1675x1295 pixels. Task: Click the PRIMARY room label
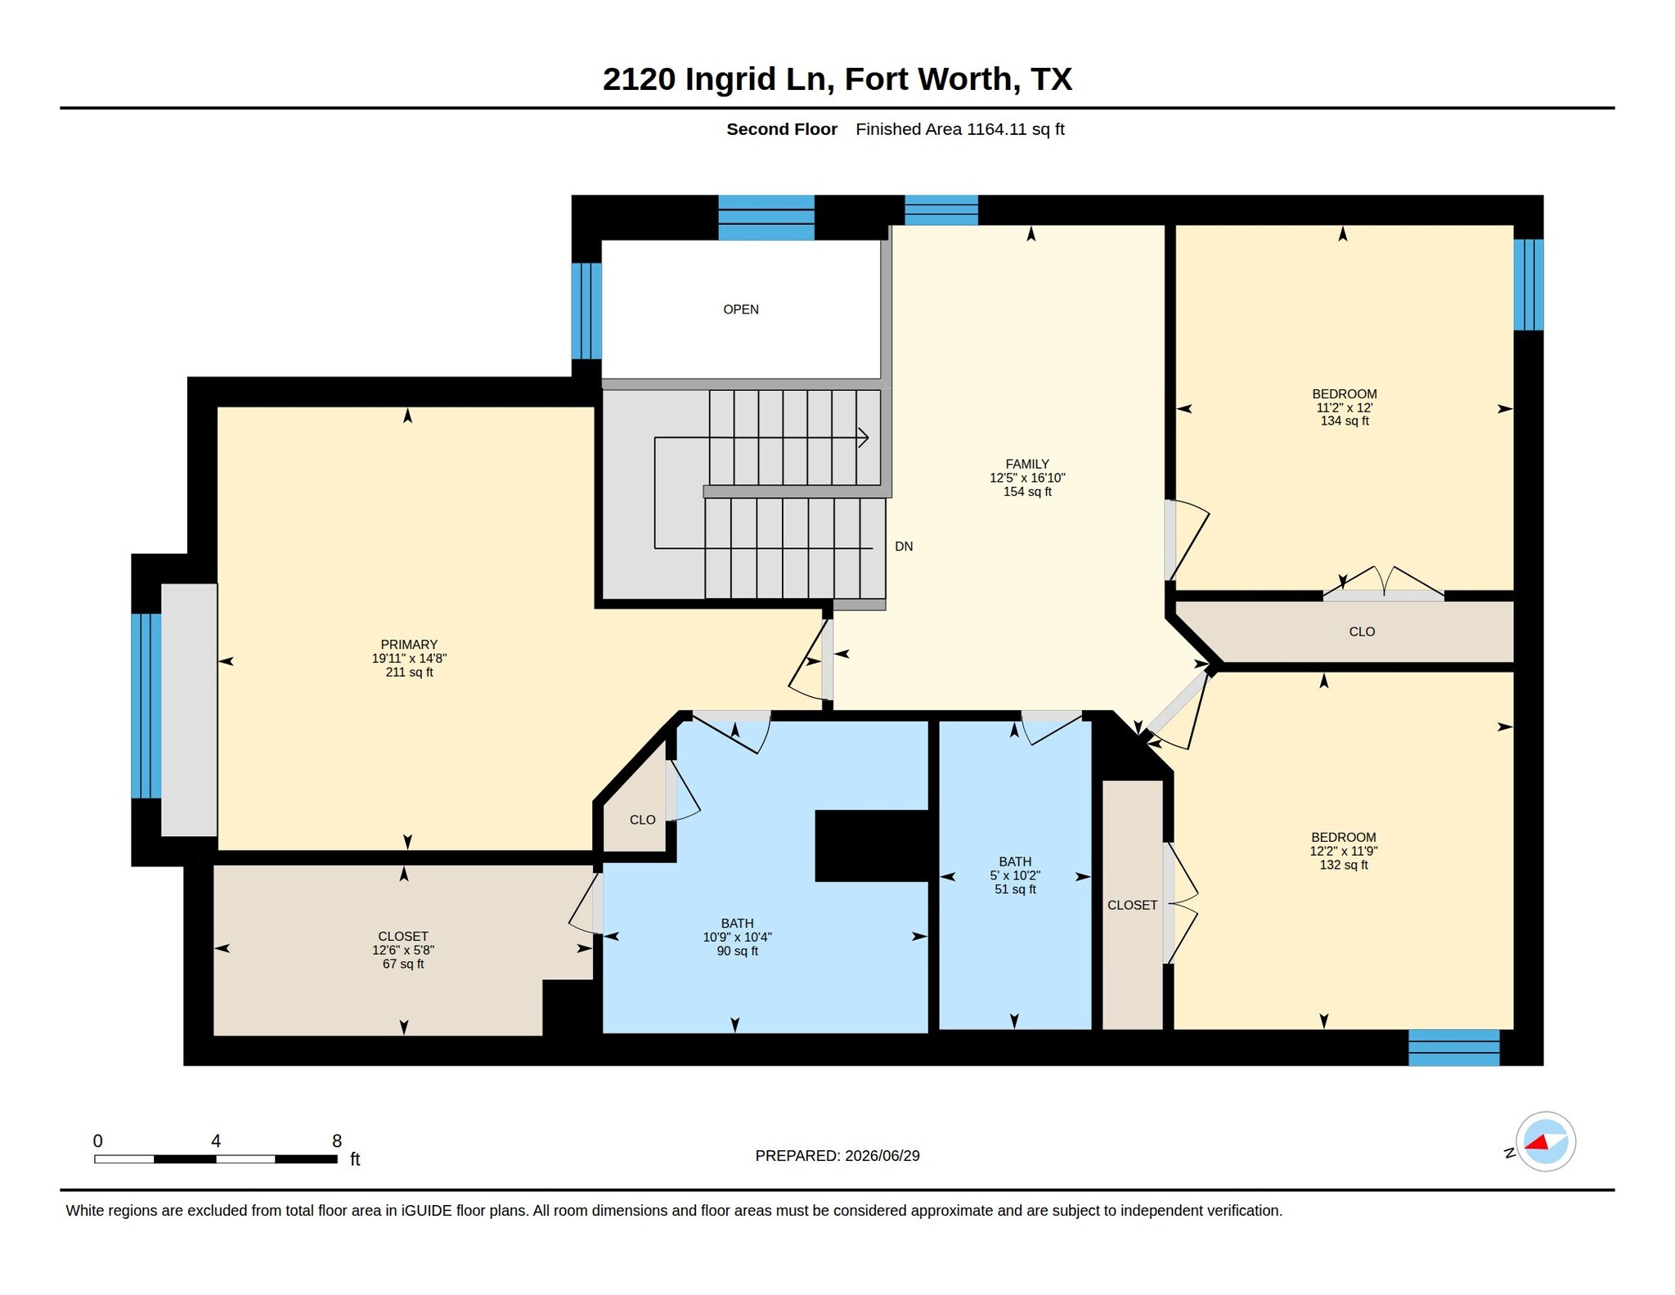[409, 645]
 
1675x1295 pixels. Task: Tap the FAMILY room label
[1027, 464]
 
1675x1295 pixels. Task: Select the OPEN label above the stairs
[741, 309]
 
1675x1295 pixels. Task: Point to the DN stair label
[904, 546]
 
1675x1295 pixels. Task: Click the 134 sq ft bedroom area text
[1345, 421]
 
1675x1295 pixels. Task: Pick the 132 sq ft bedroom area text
[1344, 865]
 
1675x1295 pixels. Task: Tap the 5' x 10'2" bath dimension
[1015, 875]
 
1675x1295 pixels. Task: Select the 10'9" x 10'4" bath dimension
[737, 938]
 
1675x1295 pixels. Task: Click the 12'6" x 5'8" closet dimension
[403, 951]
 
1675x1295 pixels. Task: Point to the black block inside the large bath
[872, 846]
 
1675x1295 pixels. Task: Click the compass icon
[1545, 1142]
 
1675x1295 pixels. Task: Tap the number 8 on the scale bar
[337, 1141]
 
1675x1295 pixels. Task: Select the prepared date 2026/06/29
[882, 1156]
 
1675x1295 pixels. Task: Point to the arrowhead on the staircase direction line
[863, 438]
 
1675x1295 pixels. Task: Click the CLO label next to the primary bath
[643, 820]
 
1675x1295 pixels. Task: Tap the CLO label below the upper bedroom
[1362, 632]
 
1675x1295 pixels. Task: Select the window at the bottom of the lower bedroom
[1454, 1048]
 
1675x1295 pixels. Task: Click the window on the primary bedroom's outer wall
[146, 706]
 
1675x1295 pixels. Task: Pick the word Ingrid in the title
[730, 79]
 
